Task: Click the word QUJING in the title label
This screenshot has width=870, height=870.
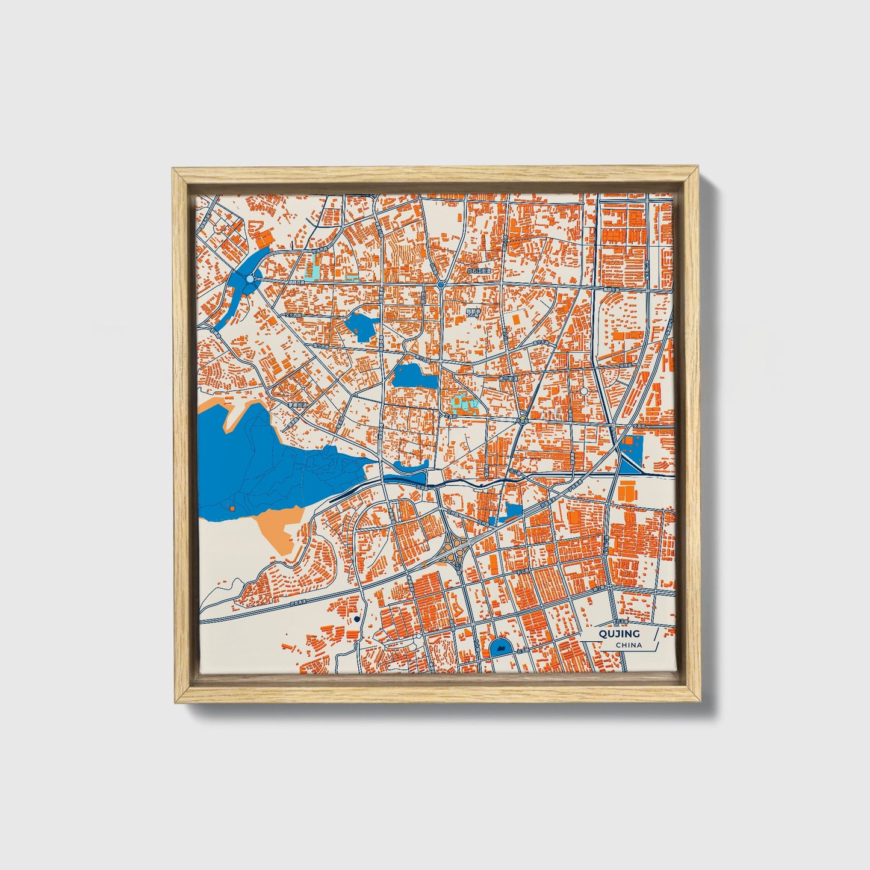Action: (619, 633)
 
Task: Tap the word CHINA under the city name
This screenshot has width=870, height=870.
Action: (629, 645)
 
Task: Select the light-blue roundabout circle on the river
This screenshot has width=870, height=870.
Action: (250, 279)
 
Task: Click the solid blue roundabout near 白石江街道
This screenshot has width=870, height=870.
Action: (441, 284)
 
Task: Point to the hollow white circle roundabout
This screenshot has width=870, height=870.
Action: (583, 391)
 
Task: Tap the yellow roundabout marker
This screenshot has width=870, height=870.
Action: (523, 420)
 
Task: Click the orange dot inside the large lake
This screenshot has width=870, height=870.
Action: (232, 509)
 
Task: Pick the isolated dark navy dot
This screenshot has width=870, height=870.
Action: (357, 618)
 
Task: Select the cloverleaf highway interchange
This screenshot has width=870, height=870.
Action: (456, 549)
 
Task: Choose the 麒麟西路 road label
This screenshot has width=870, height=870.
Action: (297, 281)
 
